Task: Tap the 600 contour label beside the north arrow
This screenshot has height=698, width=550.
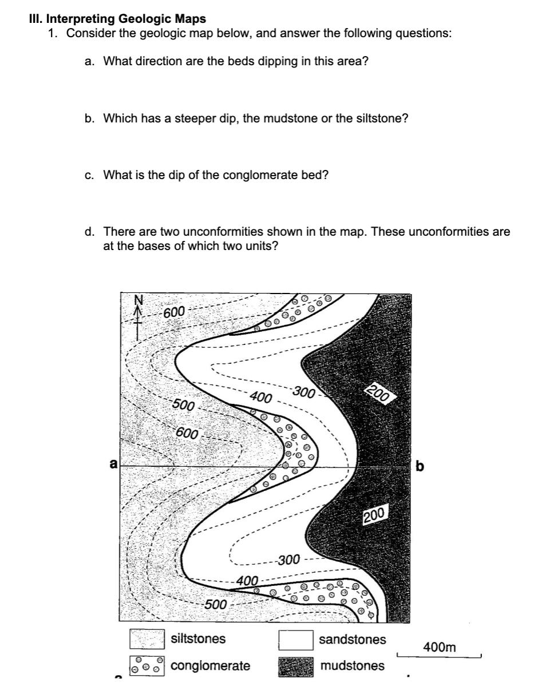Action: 174,312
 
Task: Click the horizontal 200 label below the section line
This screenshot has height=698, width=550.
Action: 376,515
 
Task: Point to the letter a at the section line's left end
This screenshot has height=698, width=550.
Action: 114,465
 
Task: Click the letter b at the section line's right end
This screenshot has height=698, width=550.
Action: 421,466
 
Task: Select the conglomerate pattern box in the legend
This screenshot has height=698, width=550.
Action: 147,666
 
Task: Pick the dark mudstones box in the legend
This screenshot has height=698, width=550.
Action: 295,667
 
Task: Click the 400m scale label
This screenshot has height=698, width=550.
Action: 440,647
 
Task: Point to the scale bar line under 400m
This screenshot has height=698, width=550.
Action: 439,656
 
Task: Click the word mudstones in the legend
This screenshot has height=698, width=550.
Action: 353,666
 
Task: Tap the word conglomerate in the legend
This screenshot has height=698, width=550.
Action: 211,666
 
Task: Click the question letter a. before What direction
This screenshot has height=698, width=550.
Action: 89,61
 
